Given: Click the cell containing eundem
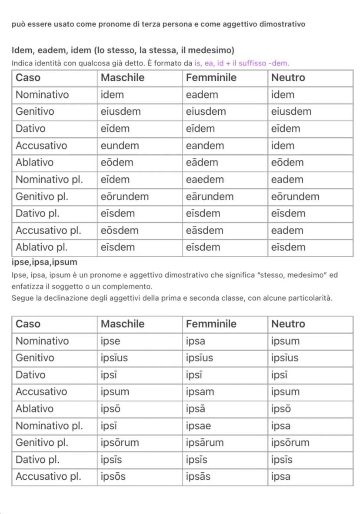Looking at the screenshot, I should coord(120,146).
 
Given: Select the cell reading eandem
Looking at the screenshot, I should coord(205,146).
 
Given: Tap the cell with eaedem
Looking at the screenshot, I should coord(205,179).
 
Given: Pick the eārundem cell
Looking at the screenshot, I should coord(210,196).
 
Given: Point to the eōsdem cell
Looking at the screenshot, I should coord(120,230).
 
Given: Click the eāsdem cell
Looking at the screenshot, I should coord(204,230).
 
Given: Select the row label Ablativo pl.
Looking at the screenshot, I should coord(42,247).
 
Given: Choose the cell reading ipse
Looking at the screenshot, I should coord(110,341).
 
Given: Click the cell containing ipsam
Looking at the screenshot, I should coord(200,392).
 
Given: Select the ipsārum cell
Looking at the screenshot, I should coord(205,443).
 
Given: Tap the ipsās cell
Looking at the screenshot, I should coord(198,477).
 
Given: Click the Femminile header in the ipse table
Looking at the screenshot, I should coord(211,324).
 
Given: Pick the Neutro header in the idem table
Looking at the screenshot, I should coord(288,78).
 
